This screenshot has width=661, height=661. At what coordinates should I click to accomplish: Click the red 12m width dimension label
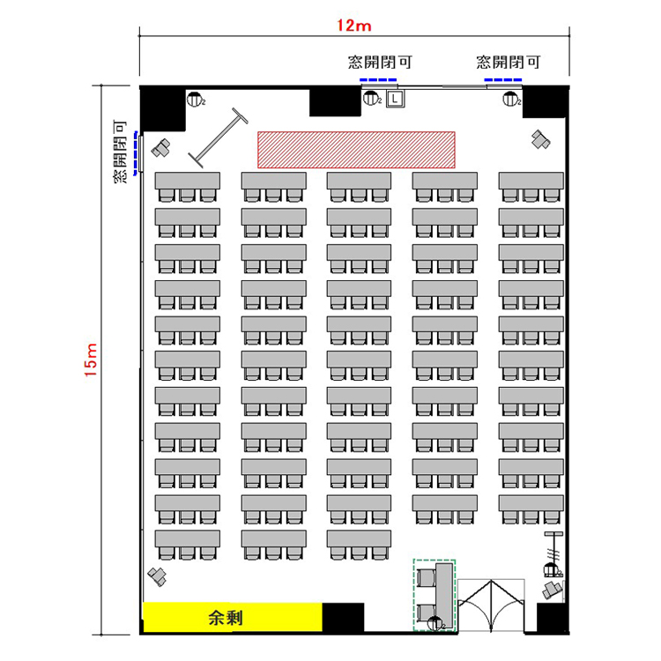(x=353, y=26)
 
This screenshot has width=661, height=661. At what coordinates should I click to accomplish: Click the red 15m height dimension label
(x=91, y=360)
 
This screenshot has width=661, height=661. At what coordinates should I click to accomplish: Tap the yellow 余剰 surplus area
(x=233, y=618)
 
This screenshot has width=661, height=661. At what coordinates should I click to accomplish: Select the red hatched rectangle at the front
(x=356, y=150)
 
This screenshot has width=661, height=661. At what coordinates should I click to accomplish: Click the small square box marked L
(x=395, y=99)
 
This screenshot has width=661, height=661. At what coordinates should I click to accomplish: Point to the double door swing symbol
(x=491, y=605)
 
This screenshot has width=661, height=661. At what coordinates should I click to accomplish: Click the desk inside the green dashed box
(x=444, y=594)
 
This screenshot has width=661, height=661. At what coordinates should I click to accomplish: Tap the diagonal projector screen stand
(x=218, y=137)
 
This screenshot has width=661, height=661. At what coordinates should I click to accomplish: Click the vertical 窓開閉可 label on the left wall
(x=120, y=152)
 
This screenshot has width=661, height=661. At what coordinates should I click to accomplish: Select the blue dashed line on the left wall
(x=136, y=152)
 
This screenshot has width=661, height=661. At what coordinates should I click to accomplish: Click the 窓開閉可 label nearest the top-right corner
(x=508, y=63)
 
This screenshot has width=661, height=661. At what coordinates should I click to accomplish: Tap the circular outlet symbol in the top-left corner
(x=194, y=100)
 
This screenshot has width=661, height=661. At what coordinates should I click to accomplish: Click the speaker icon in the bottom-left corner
(x=157, y=576)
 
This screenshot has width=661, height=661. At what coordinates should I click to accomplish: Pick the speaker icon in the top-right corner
(x=540, y=139)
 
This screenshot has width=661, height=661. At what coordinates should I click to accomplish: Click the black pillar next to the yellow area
(x=343, y=618)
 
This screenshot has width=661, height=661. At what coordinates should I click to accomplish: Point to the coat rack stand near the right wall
(x=553, y=554)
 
